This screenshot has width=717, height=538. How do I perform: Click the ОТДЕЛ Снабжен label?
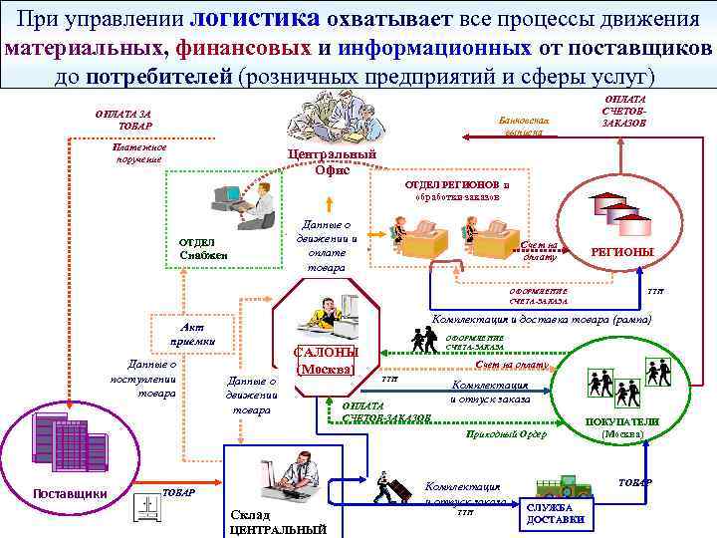pyautogui.click(x=203, y=249)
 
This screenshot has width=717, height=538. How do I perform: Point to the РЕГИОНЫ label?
pyautogui.click(x=622, y=253)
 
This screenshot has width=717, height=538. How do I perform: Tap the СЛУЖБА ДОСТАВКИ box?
pyautogui.click(x=561, y=513)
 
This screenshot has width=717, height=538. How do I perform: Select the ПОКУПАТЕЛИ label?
pyautogui.click(x=621, y=421)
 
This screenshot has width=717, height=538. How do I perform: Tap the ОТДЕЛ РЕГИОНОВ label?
pyautogui.click(x=456, y=185)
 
